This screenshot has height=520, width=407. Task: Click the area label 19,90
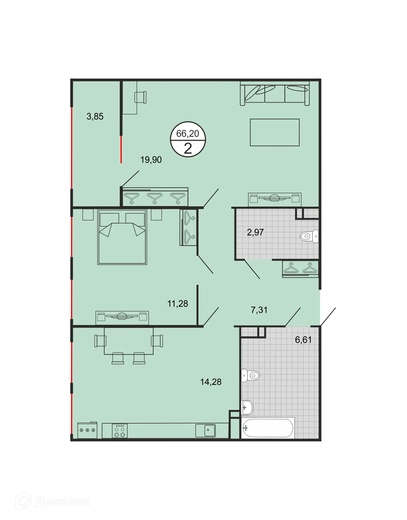151,160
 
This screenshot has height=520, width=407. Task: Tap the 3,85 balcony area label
95,116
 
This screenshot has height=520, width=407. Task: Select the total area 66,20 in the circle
188,133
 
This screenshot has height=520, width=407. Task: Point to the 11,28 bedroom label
177,303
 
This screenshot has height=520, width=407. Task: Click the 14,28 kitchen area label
210,382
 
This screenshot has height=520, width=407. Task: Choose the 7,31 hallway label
259,310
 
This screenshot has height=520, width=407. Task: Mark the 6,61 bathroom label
303,340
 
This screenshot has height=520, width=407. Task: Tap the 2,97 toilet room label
255,232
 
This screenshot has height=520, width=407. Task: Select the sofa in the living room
275,93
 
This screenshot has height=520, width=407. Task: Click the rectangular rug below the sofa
275,132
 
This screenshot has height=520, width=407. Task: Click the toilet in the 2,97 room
309,236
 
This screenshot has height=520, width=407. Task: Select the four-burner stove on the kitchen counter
119,431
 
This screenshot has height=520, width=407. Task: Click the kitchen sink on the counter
206,430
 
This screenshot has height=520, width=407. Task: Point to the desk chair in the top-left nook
141,97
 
